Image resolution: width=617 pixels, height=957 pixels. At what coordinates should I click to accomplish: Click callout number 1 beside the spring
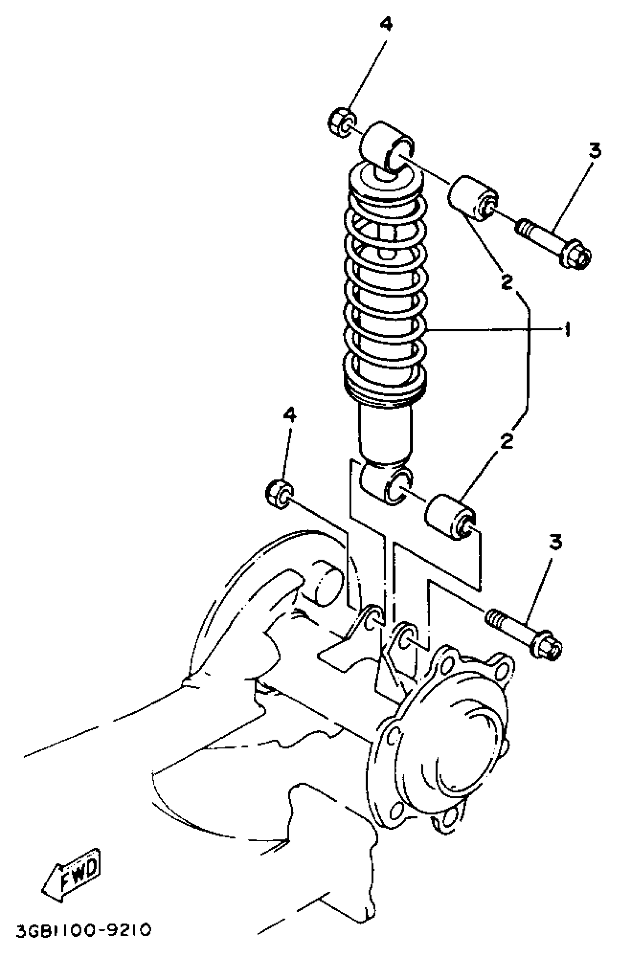[x=567, y=330]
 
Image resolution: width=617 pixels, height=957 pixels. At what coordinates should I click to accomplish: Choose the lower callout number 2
[x=506, y=441]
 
